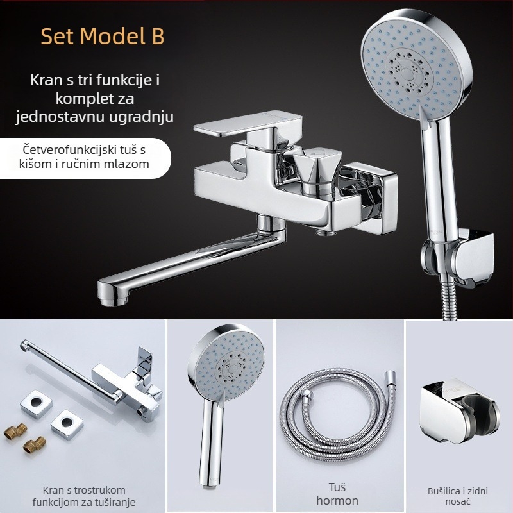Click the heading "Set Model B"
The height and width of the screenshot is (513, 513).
[103, 36]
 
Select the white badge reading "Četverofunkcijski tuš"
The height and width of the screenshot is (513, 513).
[85, 158]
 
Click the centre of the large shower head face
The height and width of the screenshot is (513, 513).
[409, 72]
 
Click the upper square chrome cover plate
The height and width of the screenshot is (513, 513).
[37, 404]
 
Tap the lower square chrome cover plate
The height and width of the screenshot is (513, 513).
[67, 424]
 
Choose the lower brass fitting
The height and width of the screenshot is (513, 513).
[35, 445]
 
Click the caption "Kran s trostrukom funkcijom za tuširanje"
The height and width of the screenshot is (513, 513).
[84, 496]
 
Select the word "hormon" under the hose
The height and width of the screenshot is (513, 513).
[337, 501]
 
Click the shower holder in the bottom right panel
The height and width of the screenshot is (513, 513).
[459, 410]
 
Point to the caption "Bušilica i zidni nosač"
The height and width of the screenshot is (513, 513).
[458, 496]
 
